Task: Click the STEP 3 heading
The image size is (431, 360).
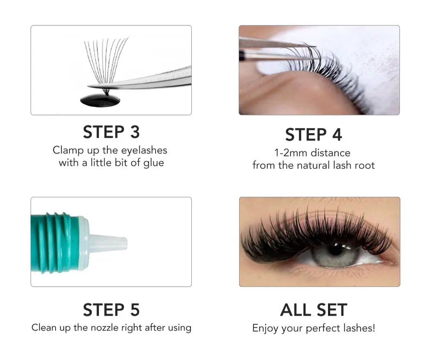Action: pyautogui.click(x=111, y=132)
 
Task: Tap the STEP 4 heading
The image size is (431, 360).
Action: pyautogui.click(x=313, y=135)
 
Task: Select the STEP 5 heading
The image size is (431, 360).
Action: pyautogui.click(x=111, y=310)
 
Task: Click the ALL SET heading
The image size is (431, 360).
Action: pyautogui.click(x=313, y=310)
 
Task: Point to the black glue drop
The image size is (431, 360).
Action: pyautogui.click(x=100, y=100)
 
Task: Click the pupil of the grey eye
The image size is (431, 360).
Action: pyautogui.click(x=336, y=251)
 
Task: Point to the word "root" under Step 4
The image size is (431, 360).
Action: pyautogui.click(x=365, y=165)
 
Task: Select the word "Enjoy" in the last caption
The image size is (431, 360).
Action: pyautogui.click(x=265, y=328)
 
